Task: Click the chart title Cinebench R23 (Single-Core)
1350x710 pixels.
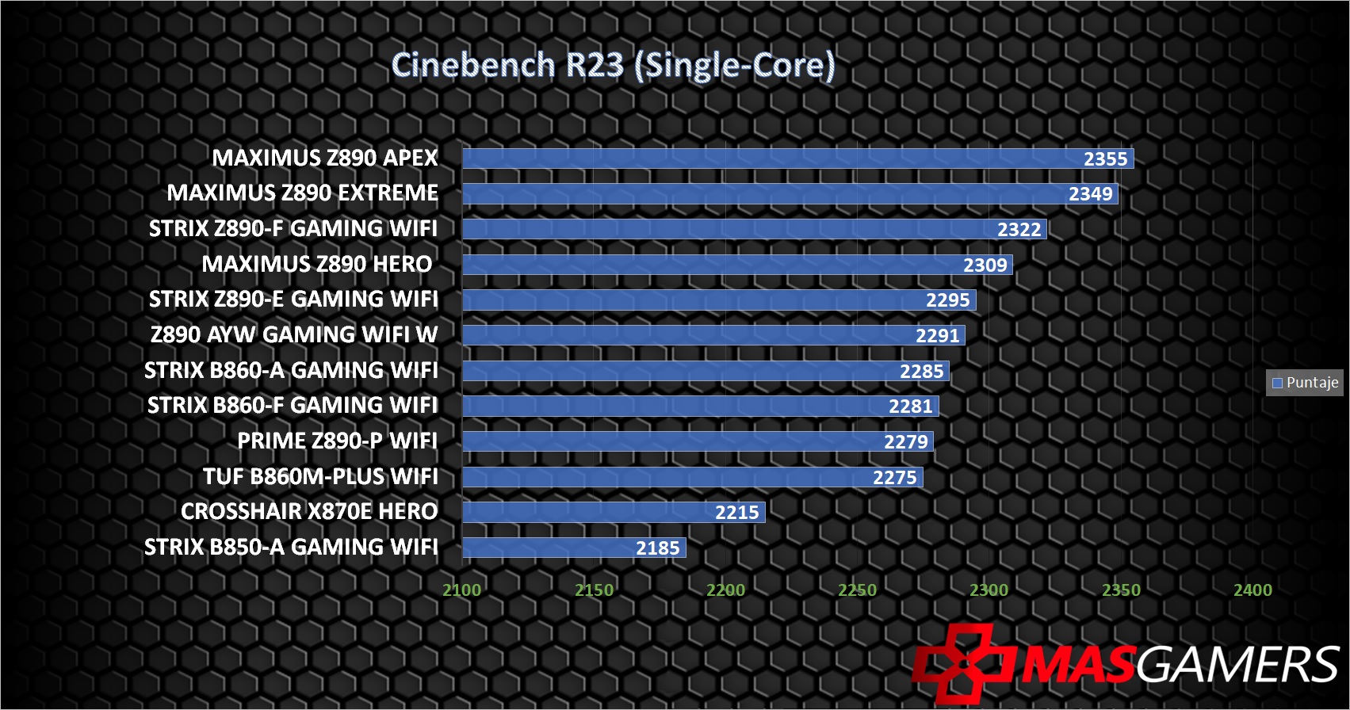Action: pyautogui.click(x=613, y=65)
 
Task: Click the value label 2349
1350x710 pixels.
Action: pyautogui.click(x=1090, y=194)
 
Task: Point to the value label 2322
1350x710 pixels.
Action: pyautogui.click(x=1019, y=230)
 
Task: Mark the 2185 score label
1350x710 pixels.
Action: pyautogui.click(x=657, y=548)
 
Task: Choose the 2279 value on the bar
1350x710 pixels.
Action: pyautogui.click(x=905, y=442)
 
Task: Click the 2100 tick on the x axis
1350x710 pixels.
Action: pyautogui.click(x=461, y=590)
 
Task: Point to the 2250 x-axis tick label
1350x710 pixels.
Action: pyautogui.click(x=857, y=590)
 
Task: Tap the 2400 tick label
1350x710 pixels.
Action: pyautogui.click(x=1252, y=590)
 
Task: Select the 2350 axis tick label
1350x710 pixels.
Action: pyautogui.click(x=1121, y=590)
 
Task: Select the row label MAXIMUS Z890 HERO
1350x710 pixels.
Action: pyautogui.click(x=317, y=264)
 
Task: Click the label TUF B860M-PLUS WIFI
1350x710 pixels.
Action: pyautogui.click(x=320, y=476)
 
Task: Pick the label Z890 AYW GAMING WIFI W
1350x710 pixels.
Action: pyautogui.click(x=294, y=334)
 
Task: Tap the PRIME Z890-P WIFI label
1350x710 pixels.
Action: pyautogui.click(x=337, y=441)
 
